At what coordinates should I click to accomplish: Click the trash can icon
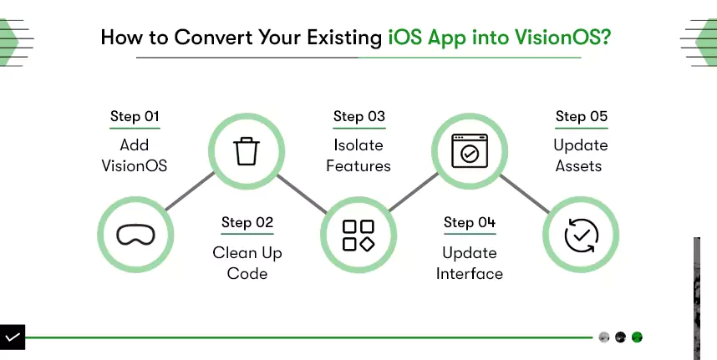coord(247,150)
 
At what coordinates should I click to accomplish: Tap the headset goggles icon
coord(136,235)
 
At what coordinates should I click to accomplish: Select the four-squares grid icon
coord(358,236)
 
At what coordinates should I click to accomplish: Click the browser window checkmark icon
coord(470,150)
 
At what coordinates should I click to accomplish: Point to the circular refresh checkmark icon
coord(581,236)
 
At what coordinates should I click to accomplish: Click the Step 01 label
coord(135,116)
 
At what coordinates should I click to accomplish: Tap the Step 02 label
coord(247,222)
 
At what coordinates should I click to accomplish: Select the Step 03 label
coord(359,116)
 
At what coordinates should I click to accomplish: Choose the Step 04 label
coord(470,222)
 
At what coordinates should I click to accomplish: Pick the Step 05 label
coord(582,116)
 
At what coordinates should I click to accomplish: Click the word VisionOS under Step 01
coord(135,165)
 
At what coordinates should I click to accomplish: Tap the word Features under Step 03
coord(358,165)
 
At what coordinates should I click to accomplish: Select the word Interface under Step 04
coord(470,274)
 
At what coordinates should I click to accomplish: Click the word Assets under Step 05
coord(578,165)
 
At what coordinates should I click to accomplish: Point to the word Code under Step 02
coord(247,274)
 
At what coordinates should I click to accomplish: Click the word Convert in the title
coord(214,37)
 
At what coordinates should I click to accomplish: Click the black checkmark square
coord(13,337)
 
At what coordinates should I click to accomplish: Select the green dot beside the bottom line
coord(637,337)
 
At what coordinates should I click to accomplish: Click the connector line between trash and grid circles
coord(303,194)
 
